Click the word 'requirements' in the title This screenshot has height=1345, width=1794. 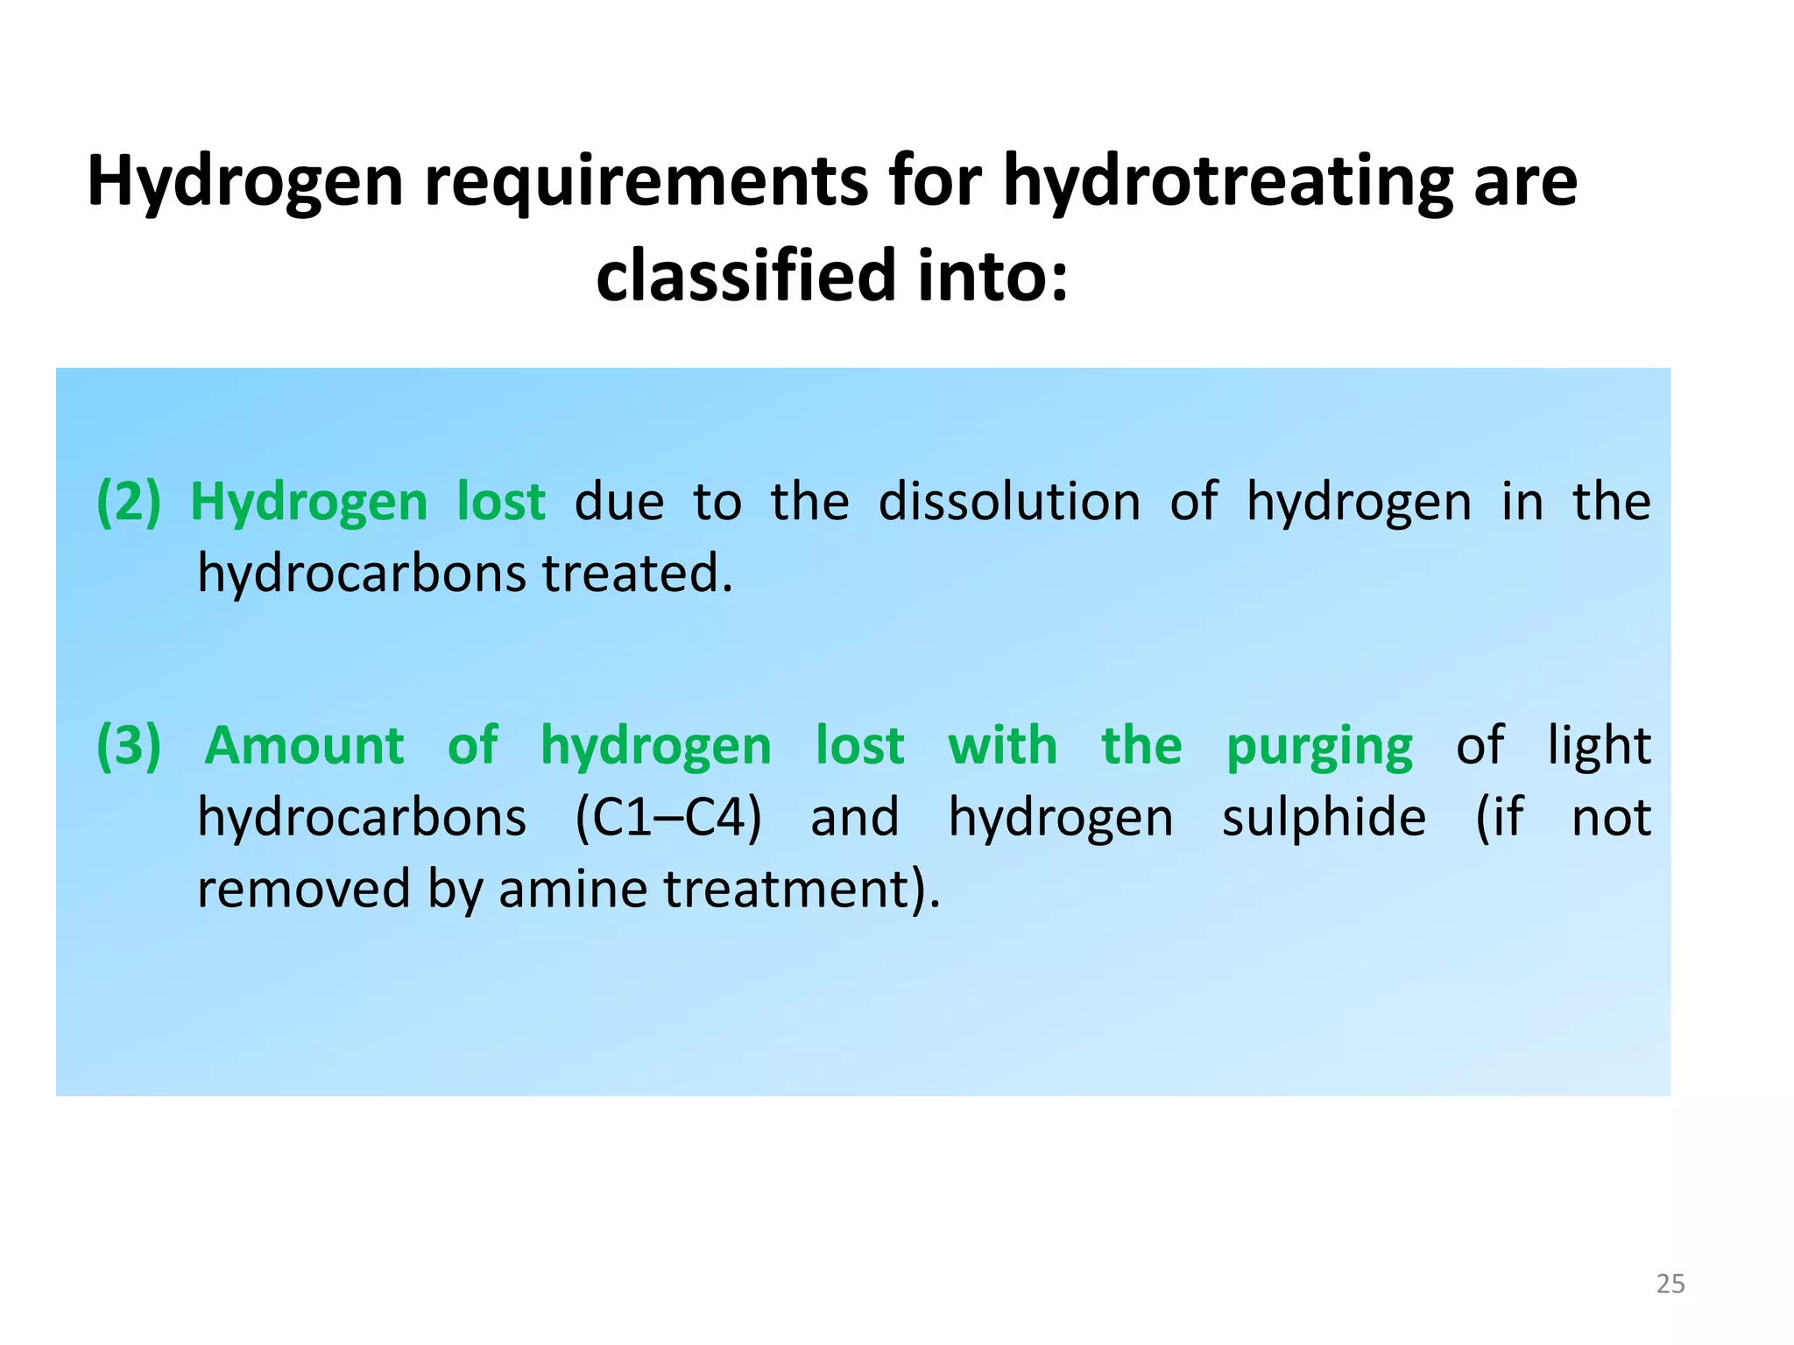coord(645,182)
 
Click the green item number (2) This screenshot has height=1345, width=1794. coord(129,503)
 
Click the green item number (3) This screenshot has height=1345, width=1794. coord(129,746)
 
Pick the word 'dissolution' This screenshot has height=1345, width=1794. coord(1009,503)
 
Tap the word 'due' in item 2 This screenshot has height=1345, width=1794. coord(619,503)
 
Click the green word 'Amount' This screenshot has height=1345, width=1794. coord(305,746)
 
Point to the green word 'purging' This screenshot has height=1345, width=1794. coord(1319,746)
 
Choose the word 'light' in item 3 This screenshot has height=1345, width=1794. coord(1599,746)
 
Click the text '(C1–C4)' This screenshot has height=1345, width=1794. coord(668,818)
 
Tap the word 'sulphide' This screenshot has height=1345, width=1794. coord(1324,818)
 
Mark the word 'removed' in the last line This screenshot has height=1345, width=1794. coord(304,890)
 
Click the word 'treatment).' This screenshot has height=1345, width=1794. coord(802,890)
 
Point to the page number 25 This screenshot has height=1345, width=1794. coord(1670,1284)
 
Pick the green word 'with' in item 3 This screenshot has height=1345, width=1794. coord(1003,746)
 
